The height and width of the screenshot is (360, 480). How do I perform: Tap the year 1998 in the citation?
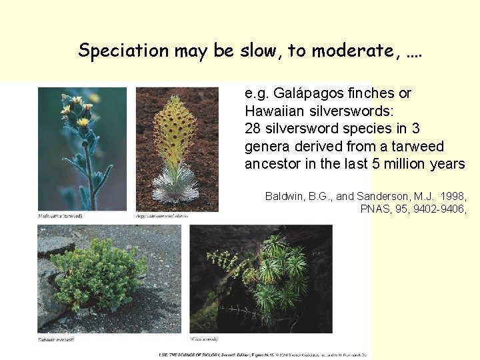tap(453, 196)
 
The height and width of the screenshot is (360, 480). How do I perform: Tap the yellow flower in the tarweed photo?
tap(83, 121)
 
